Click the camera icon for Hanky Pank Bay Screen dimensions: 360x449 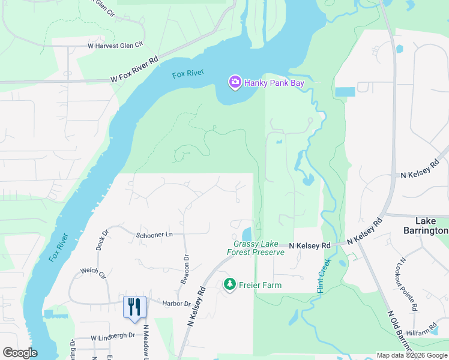pyautogui.click(x=235, y=82)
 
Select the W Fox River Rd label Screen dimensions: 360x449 pyautogui.click(x=134, y=69)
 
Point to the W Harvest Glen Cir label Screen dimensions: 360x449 pyautogui.click(x=116, y=45)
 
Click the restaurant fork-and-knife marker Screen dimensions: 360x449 pyautogui.click(x=134, y=307)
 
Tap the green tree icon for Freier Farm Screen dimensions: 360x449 pyautogui.click(x=229, y=284)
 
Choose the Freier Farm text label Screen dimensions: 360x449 pyautogui.click(x=261, y=285)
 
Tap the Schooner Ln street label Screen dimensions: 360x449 pyautogui.click(x=154, y=235)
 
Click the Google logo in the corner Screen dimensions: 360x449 pyautogui.click(x=20, y=353)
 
